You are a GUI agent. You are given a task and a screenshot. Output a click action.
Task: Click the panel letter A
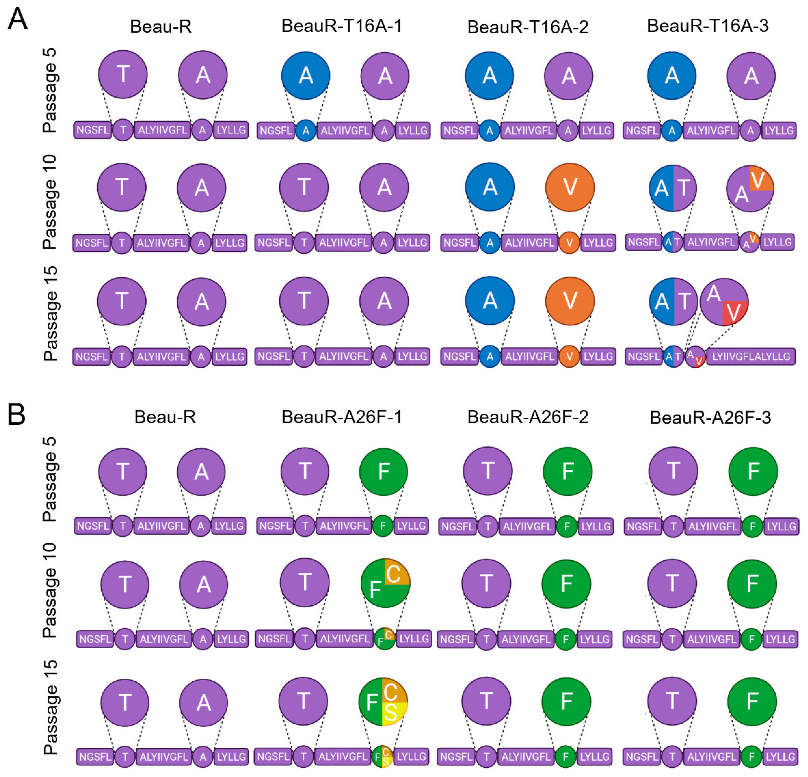click(17, 20)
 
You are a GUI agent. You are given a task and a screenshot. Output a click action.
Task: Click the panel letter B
click(16, 414)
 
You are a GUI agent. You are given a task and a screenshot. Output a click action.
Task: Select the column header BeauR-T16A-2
click(528, 27)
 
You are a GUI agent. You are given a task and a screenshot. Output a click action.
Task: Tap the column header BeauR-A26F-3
click(710, 417)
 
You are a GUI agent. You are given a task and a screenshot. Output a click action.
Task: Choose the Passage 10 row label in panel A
click(50, 202)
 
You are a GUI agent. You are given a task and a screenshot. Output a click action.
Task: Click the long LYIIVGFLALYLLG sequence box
click(751, 356)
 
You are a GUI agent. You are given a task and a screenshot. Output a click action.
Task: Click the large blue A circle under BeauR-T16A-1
click(306, 76)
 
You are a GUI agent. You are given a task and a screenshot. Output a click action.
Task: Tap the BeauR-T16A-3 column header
click(707, 26)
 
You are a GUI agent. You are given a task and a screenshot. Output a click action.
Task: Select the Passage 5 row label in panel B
click(50, 480)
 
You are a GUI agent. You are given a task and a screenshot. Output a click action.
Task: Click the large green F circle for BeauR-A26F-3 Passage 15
click(752, 701)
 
